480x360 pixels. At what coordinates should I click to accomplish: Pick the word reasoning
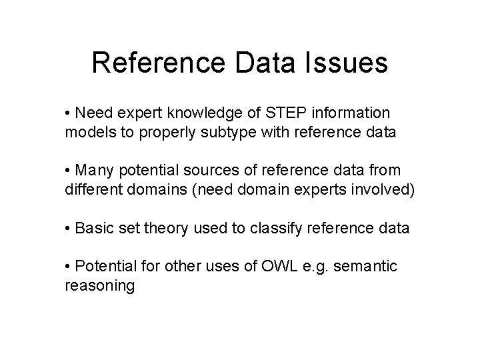click(x=99, y=287)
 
